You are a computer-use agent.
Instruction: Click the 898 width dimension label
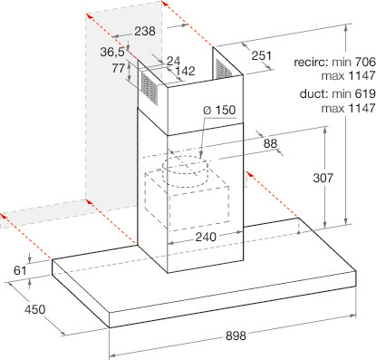click(x=236, y=336)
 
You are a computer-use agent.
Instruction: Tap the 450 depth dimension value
click(x=35, y=309)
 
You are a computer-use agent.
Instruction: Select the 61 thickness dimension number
click(x=20, y=270)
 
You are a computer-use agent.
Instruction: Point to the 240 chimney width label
click(x=206, y=237)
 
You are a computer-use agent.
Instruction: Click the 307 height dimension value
click(x=323, y=178)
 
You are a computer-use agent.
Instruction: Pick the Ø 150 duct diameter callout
click(x=219, y=110)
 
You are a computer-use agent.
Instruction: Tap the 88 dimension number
click(x=270, y=143)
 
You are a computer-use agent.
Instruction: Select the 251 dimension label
click(x=262, y=55)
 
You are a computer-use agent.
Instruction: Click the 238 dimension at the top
click(x=145, y=31)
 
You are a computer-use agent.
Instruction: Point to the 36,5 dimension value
click(x=112, y=52)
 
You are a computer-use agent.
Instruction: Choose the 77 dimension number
click(x=119, y=68)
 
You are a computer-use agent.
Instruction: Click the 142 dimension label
click(x=185, y=71)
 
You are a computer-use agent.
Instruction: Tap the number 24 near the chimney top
click(x=174, y=61)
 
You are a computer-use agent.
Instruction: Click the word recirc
click(x=311, y=63)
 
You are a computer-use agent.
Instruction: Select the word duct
click(x=313, y=93)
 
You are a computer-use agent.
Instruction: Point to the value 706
click(x=365, y=63)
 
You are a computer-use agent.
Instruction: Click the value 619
click(x=365, y=93)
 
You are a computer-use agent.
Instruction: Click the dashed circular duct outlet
click(x=186, y=171)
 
